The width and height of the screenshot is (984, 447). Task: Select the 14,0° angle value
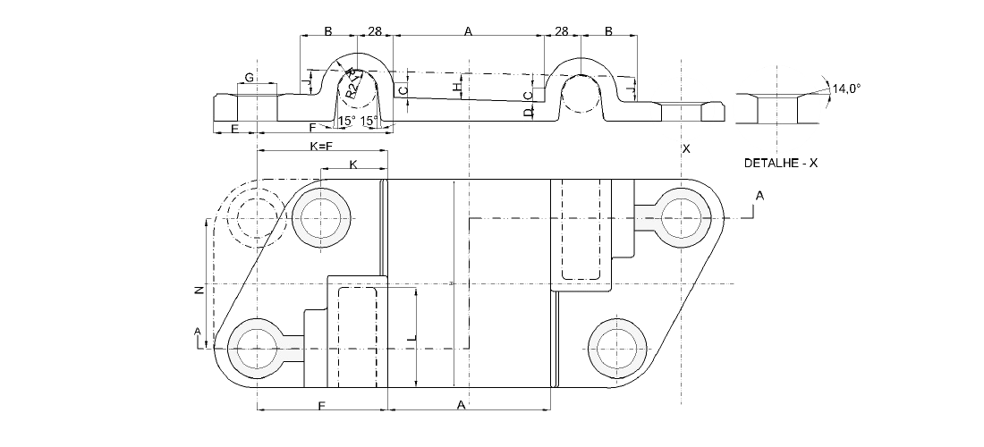pos(845,89)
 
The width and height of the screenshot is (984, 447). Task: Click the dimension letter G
pos(250,79)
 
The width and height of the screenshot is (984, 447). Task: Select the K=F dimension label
pos(321,145)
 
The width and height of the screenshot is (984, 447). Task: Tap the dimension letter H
pos(457,88)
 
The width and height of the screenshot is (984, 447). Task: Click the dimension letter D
pos(529,111)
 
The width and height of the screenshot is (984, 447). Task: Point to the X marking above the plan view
pos(686,148)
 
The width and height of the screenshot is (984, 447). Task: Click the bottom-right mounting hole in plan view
pos(616,348)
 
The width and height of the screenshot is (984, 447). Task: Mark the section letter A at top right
pos(759,195)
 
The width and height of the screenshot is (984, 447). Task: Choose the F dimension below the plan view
pos(321,406)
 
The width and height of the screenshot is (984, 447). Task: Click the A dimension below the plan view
pos(462,406)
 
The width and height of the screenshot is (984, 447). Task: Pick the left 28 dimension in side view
pos(375,31)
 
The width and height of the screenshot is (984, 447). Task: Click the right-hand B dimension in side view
pos(608,31)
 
